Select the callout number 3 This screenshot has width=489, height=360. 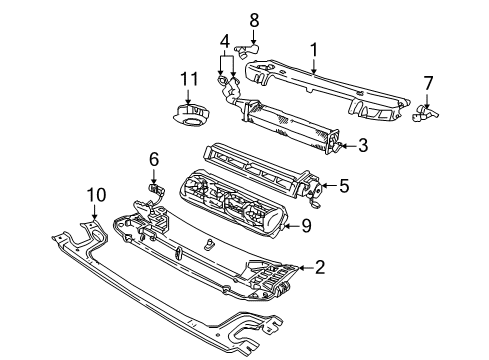363,146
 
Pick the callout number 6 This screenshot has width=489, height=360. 154,158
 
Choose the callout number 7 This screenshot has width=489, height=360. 427,84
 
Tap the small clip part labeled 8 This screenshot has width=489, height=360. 248,46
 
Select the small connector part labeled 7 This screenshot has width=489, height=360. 425,114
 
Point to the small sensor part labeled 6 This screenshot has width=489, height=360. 156,187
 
